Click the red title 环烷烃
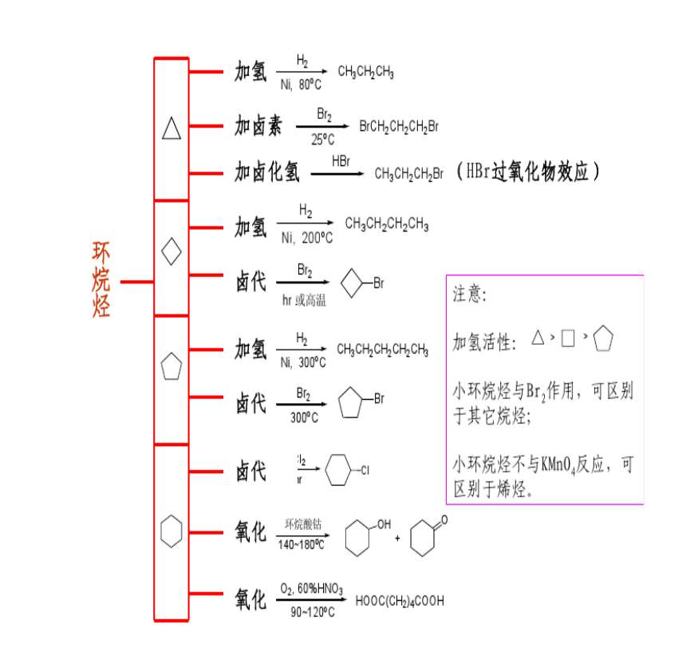point(101,281)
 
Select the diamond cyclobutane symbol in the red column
point(172,252)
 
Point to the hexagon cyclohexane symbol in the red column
point(172,531)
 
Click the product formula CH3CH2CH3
point(365,72)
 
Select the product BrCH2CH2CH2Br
point(399,126)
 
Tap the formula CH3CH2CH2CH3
point(386,225)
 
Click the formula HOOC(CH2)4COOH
point(400,601)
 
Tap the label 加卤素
point(258,125)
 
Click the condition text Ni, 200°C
point(306,239)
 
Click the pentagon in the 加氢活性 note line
point(603,339)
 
